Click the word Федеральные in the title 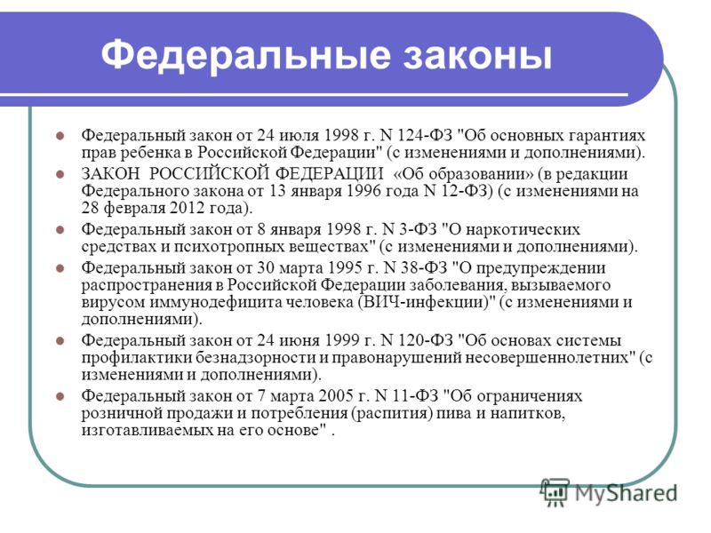point(246,56)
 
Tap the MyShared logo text point(627,493)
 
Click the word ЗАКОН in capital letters point(110,173)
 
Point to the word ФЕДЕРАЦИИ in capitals point(329,173)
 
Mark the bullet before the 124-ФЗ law point(60,136)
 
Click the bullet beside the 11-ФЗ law point(60,396)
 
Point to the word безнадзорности point(256,358)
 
